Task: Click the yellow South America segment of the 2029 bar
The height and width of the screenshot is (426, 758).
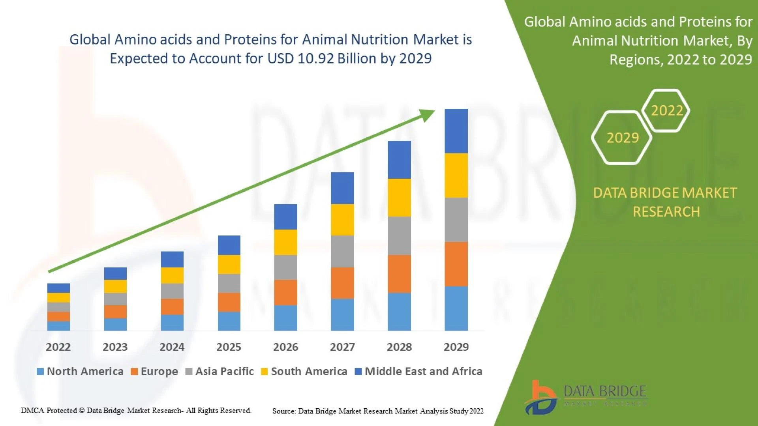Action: [x=456, y=176]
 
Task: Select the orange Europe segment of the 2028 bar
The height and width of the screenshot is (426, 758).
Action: [x=399, y=274]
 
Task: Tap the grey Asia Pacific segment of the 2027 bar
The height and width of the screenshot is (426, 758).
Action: [x=342, y=251]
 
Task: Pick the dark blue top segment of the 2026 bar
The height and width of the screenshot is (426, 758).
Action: [x=285, y=217]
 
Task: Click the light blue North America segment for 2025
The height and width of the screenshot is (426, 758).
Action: [x=229, y=321]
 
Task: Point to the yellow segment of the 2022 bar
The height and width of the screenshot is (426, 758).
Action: [x=58, y=297]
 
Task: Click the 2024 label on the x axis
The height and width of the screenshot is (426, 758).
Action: [x=172, y=347]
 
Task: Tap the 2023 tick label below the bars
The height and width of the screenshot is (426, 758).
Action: [x=115, y=347]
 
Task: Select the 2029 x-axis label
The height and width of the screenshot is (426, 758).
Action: [x=456, y=347]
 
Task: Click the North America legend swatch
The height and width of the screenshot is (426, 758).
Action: [x=40, y=372]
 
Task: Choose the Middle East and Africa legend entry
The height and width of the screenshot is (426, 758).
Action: [x=423, y=372]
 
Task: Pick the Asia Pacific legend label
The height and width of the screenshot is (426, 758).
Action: [x=224, y=372]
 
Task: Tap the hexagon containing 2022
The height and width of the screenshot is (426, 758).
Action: [x=666, y=110]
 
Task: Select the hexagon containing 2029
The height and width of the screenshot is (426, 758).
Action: [x=622, y=138]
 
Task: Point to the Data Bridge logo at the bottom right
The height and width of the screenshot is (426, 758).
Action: [x=586, y=396]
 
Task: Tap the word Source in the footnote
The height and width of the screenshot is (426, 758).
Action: [x=283, y=411]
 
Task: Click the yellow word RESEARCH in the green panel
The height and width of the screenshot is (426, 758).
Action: [x=666, y=212]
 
